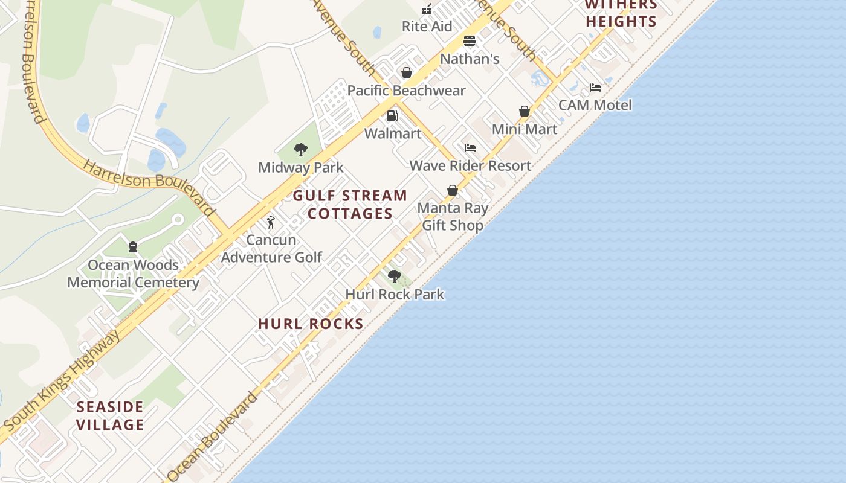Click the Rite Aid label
tap(427, 27)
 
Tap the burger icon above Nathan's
tap(470, 42)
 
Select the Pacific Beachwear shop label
tap(406, 91)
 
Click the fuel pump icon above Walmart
tap(393, 116)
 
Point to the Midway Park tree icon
tap(300, 150)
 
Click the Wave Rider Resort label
tap(470, 166)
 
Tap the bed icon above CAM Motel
tap(595, 88)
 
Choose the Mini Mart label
tap(524, 129)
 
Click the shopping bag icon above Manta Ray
tap(452, 191)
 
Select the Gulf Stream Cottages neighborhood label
tap(350, 205)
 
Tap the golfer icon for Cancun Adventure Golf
tap(271, 222)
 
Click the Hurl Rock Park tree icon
tap(395, 277)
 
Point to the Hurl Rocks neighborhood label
tap(311, 324)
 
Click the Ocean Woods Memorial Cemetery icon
tap(133, 247)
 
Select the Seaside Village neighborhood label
tap(111, 416)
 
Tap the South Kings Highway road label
tap(60, 381)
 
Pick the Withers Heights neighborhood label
tap(621, 13)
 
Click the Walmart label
tap(393, 133)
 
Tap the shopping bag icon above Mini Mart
tap(524, 112)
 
